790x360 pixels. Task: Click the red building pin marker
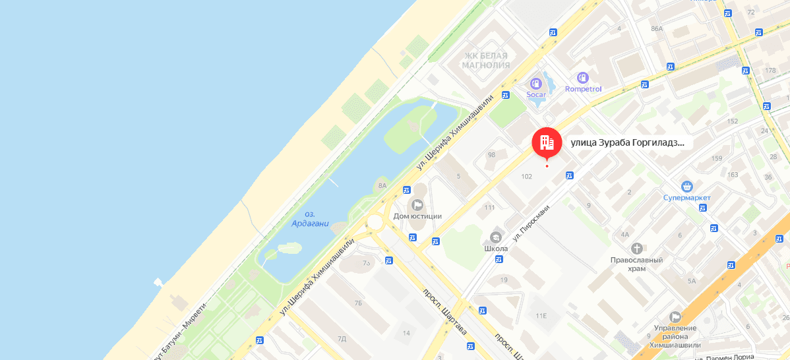547,141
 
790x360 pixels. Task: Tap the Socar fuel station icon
536,84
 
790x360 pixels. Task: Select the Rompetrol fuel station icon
582,78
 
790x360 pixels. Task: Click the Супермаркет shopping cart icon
687,187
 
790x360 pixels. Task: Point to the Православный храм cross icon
636,249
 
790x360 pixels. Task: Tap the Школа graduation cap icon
496,237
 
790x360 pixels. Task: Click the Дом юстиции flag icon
417,204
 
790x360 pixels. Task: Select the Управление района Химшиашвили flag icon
675,317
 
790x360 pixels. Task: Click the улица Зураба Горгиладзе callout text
626,142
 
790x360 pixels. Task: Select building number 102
526,176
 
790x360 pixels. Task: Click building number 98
491,155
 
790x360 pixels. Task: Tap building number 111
489,207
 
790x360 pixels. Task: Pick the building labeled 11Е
541,316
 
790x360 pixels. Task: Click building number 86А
656,28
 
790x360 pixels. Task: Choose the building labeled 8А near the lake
382,185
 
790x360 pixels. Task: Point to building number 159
717,158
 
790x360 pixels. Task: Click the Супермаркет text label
687,197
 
